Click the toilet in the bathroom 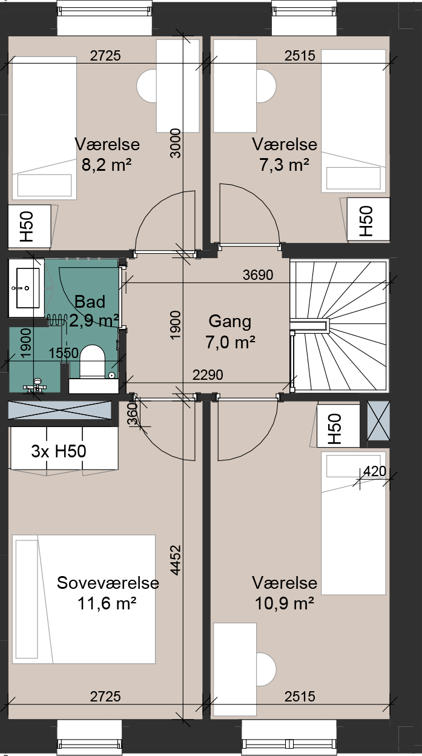[92, 361]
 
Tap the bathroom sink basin [28, 288]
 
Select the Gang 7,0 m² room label [230, 331]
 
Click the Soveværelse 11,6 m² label [108, 593]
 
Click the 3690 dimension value [258, 275]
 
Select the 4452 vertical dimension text [176, 560]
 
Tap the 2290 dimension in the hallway [208, 375]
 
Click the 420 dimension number [375, 471]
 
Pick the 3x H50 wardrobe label [59, 451]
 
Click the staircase [339, 326]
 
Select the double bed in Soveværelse [84, 599]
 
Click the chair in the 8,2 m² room [147, 86]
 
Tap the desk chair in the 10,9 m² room [266, 669]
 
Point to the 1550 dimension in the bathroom [64, 353]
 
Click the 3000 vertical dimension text [176, 143]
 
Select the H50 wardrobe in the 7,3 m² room [368, 220]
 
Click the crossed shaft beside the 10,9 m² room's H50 [378, 420]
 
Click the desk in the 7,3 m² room [235, 86]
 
